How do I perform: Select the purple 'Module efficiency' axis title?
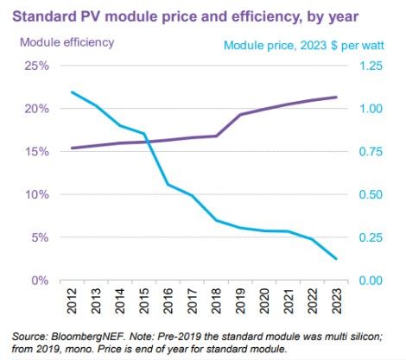pos(65,41)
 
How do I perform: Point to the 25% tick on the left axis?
pos(38,66)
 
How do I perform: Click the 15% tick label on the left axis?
pos(38,152)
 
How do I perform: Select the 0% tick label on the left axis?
pos(41,281)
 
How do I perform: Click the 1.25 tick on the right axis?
pos(371,66)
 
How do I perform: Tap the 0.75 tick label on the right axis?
pos(371,152)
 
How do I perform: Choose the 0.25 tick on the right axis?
pos(371,237)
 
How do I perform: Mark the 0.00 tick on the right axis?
pos(371,281)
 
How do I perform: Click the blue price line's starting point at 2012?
pos(72,92)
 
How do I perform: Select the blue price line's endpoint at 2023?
pos(336,259)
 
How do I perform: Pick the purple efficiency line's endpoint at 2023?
pos(336,97)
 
